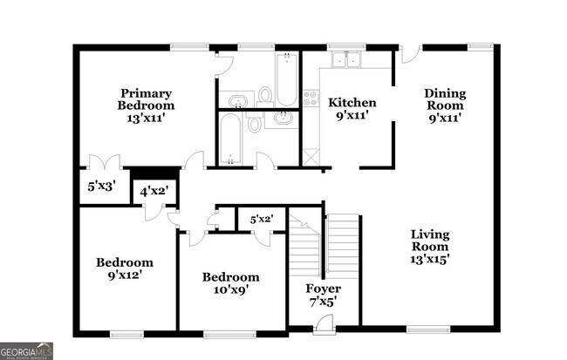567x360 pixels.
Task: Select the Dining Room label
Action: [445, 105]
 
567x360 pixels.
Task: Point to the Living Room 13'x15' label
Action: [430, 246]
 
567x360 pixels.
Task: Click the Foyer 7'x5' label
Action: [323, 295]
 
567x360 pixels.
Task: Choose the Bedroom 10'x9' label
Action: [230, 284]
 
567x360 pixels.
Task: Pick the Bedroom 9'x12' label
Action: [124, 268]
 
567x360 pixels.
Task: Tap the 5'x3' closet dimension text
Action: [100, 186]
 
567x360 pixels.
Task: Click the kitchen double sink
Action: [346, 60]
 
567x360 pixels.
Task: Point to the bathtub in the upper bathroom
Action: [285, 79]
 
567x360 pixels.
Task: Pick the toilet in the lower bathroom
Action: [254, 124]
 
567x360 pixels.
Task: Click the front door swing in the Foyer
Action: [323, 324]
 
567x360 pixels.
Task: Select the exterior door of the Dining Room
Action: [411, 53]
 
